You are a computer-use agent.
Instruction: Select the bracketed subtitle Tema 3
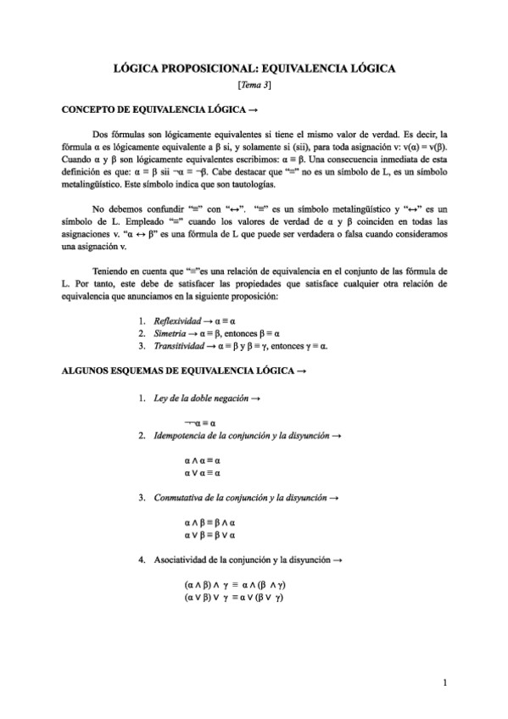point(254,86)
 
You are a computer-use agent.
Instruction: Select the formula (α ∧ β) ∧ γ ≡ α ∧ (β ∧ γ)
point(232,584)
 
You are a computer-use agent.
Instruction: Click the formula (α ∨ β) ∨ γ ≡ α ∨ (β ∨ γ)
point(232,597)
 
